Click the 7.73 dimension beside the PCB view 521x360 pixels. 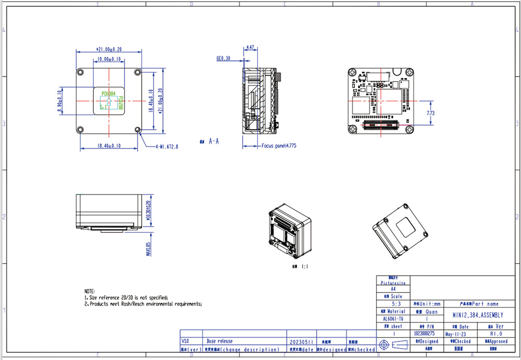(x=431, y=113)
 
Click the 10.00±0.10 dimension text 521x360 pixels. (x=109, y=59)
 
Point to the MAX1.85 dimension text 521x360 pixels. (x=148, y=249)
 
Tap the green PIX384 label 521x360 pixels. (x=108, y=93)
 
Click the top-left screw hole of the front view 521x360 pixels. (x=80, y=72)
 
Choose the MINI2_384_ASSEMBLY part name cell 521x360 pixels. (x=477, y=315)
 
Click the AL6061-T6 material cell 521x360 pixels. (x=393, y=318)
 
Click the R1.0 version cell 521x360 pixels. (x=495, y=333)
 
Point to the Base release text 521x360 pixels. (x=220, y=341)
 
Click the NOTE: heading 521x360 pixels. (x=90, y=291)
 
